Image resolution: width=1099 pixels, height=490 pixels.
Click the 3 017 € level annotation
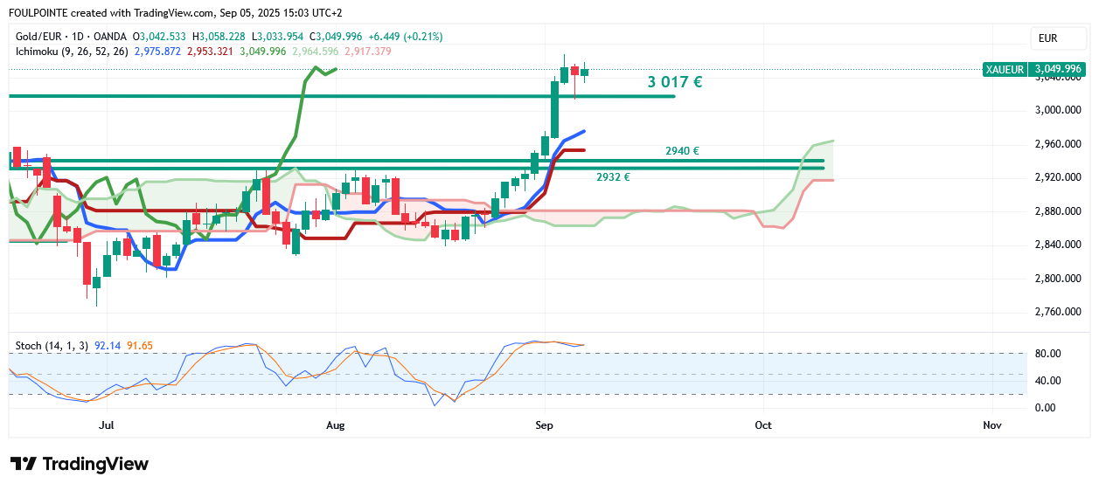click(674, 82)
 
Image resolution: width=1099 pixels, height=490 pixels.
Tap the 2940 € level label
click(682, 151)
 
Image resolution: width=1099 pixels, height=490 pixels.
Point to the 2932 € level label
click(613, 177)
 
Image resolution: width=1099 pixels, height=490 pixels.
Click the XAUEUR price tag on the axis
click(1004, 69)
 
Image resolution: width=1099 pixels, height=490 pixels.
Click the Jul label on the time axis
click(108, 425)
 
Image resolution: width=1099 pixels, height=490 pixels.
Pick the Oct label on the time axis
click(763, 425)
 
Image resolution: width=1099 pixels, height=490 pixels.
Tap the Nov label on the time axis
click(991, 425)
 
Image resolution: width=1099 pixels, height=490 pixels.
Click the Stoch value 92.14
click(107, 346)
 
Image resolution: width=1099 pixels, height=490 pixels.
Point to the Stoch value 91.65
click(140, 346)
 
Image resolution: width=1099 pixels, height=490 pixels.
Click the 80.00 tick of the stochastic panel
click(1047, 354)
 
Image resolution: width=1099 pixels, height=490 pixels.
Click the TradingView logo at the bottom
click(80, 464)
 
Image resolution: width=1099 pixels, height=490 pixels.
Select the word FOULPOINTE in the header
click(38, 13)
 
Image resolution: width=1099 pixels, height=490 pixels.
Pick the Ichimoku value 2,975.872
click(157, 52)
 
